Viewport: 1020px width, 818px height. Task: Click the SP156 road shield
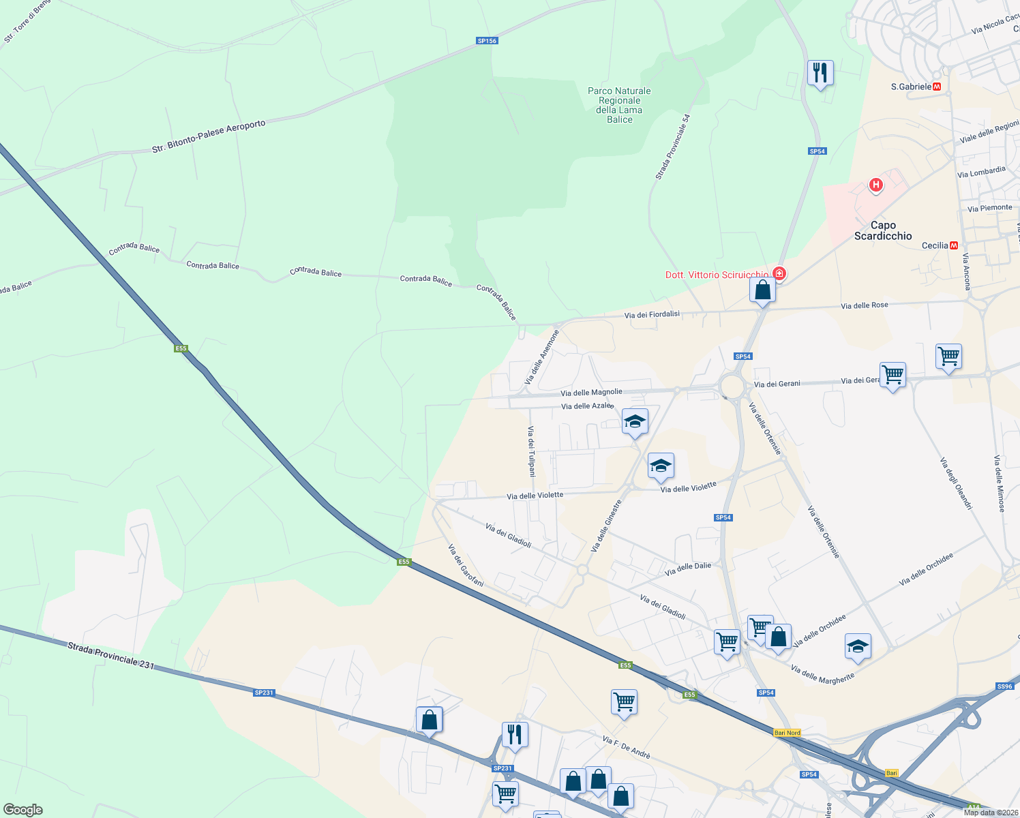coord(487,41)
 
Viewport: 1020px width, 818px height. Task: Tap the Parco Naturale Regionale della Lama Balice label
coord(619,105)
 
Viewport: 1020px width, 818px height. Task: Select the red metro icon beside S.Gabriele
coord(937,87)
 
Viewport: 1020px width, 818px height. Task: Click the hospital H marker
coord(875,185)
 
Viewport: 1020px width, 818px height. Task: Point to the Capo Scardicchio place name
coord(883,230)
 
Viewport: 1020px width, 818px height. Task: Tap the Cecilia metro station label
coord(935,245)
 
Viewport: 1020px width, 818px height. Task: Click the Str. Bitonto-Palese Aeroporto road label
coord(209,136)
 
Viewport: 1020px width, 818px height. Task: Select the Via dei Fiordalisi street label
coord(652,314)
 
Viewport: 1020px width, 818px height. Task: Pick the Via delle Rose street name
coord(865,305)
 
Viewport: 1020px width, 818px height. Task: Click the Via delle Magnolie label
coord(591,392)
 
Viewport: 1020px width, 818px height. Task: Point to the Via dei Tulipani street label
coord(531,451)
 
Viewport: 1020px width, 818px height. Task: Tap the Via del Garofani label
coord(466,565)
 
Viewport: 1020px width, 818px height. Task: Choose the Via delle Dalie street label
coord(688,567)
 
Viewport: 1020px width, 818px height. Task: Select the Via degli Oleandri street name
coord(956,483)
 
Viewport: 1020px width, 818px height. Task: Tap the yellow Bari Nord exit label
coord(787,733)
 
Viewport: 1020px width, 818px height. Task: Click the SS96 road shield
coord(1005,686)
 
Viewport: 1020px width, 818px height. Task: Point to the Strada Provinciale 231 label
coord(111,655)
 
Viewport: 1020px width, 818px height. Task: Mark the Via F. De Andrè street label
coord(627,747)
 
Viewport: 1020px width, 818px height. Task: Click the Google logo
coord(23,810)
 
